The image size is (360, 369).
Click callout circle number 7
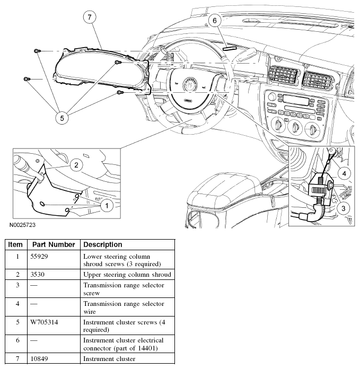[90, 17]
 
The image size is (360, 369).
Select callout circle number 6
[215, 21]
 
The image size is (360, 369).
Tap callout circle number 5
[62, 118]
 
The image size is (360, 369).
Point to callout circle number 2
[76, 165]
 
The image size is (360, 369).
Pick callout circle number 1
[107, 206]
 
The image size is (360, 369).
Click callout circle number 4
[344, 174]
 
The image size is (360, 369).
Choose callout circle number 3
[343, 208]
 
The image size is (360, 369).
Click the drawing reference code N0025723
[22, 225]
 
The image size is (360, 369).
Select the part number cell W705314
[44, 322]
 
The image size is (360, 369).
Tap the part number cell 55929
[39, 256]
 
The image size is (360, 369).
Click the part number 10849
[39, 359]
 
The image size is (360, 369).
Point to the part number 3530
[38, 275]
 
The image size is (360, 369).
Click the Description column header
[103, 244]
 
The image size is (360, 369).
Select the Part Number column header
[54, 244]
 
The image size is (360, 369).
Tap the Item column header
[15, 244]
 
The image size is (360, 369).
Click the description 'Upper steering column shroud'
[127, 275]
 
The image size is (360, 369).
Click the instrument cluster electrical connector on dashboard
[230, 48]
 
